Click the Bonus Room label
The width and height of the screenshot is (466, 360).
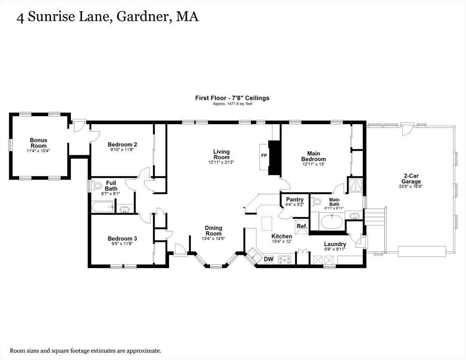pos(38,142)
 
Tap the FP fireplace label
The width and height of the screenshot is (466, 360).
pos(264,156)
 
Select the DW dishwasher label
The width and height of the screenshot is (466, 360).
pos(269,259)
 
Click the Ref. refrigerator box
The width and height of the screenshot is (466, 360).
pos(301,226)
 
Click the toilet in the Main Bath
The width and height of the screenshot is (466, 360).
pos(316,202)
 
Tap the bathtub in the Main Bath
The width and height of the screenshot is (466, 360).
pos(332,221)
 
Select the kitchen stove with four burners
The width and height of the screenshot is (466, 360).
pos(286,260)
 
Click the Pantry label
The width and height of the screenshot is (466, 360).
pos(294,200)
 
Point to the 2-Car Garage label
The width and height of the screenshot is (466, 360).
pos(411,179)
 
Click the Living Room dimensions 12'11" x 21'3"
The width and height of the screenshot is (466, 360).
pos(221,162)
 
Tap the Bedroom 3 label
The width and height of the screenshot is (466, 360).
pos(122,239)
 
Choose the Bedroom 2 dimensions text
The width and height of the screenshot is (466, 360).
pos(122,150)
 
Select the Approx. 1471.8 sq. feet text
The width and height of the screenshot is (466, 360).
pos(233,104)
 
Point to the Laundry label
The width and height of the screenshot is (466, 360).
pos(335,244)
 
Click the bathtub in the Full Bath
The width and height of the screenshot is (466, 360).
pos(103,207)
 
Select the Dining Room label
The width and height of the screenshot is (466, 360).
pos(213,231)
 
